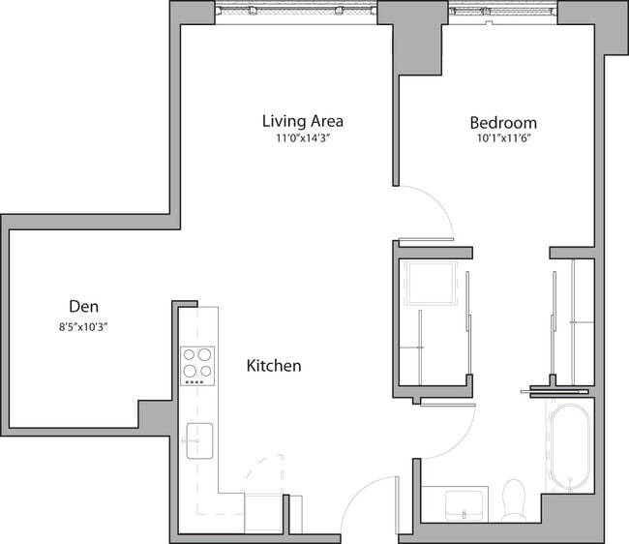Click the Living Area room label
tap(303, 121)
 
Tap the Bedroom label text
tap(503, 123)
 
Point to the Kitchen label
tap(274, 366)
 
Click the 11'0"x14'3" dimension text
tap(303, 138)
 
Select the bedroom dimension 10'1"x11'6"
tap(503, 139)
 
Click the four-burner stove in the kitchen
tap(197, 364)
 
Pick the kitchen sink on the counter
tap(200, 439)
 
